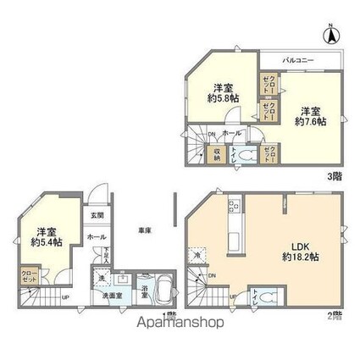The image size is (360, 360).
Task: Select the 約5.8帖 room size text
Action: pos(224,97)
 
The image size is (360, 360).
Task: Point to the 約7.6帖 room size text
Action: pos(311,122)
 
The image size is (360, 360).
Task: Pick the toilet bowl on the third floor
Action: pos(244,155)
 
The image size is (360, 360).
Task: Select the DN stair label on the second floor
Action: pos(212,274)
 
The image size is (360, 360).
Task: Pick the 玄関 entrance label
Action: pos(96,216)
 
